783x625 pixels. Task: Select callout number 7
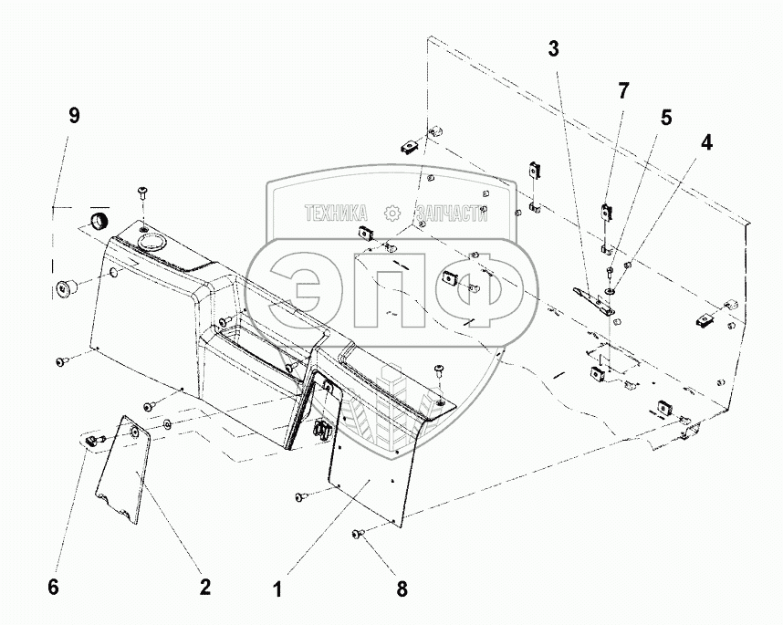click(x=622, y=90)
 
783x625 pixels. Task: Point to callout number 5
click(x=665, y=117)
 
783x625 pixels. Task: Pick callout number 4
click(x=707, y=142)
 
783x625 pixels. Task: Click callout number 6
click(x=53, y=588)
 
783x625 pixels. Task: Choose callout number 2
click(x=206, y=588)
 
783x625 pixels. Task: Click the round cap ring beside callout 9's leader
click(x=97, y=221)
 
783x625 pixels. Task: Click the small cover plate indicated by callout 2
click(x=123, y=470)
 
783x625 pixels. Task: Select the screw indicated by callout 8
click(x=359, y=533)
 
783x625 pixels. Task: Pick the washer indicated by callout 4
click(x=609, y=292)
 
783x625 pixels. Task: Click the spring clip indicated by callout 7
click(x=604, y=213)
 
